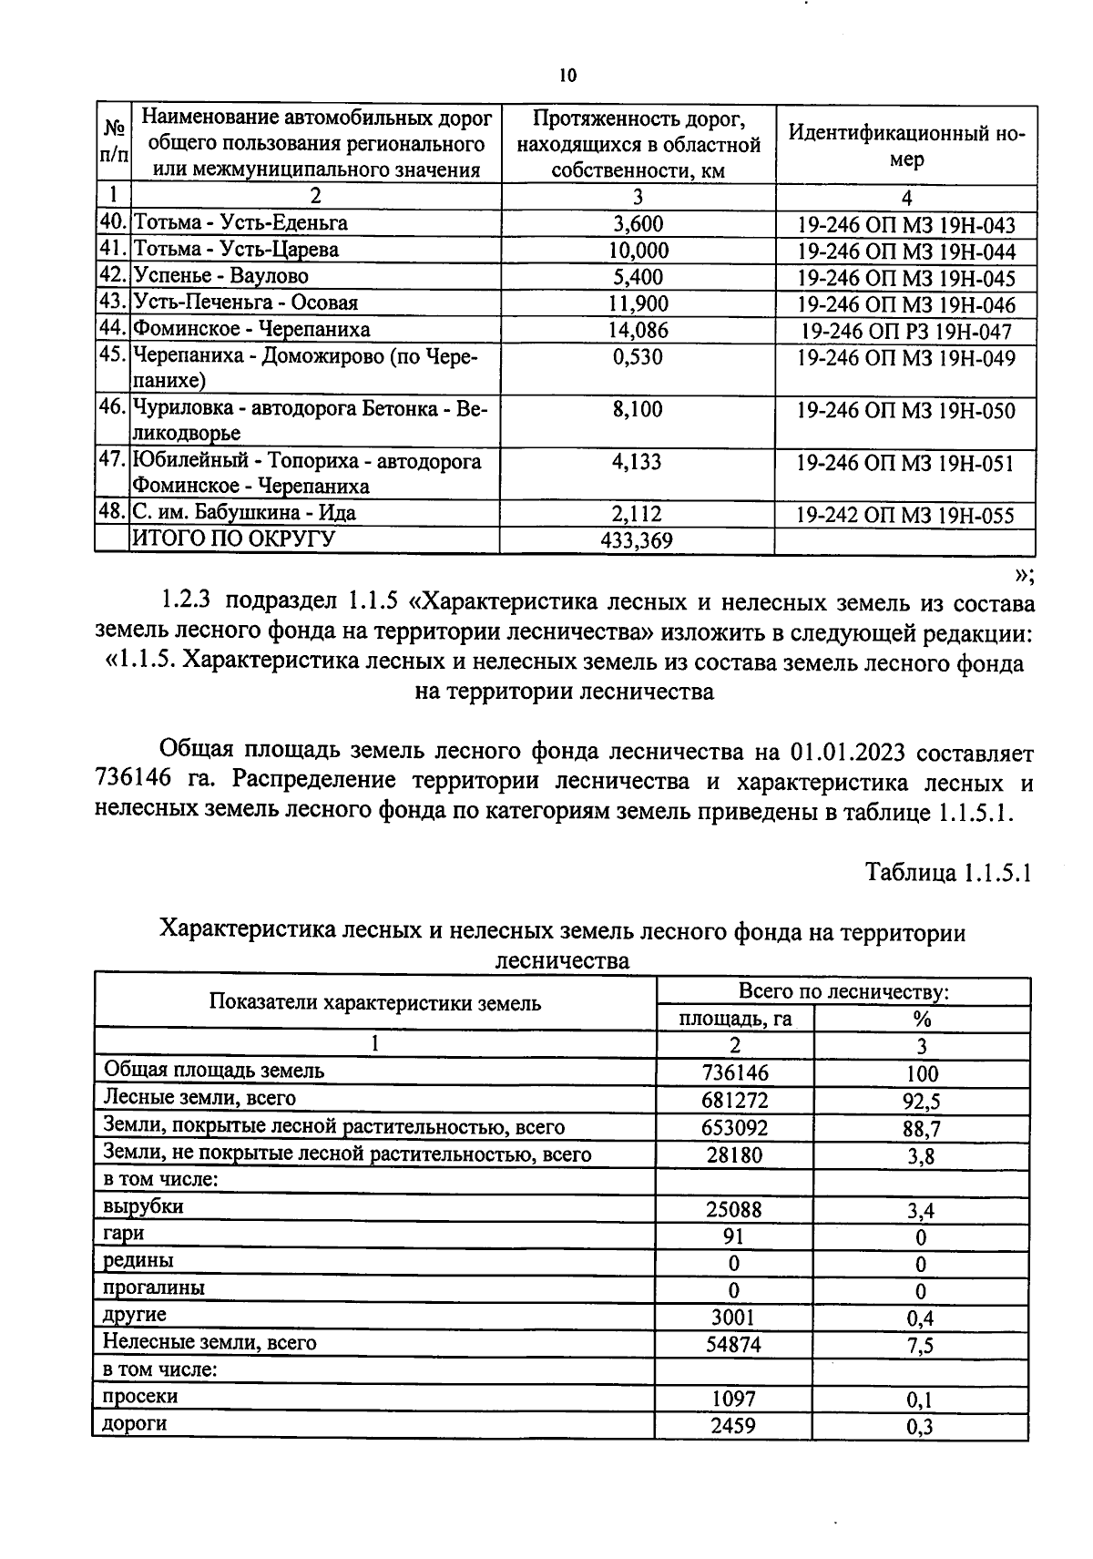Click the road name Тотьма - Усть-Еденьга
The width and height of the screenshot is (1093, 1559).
pos(240,222)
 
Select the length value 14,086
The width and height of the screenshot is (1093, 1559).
pos(638,330)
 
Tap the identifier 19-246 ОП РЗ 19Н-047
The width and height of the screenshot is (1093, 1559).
pos(905,332)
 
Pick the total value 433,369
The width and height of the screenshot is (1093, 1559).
pos(637,541)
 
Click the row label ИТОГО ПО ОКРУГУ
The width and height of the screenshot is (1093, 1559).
pos(234,539)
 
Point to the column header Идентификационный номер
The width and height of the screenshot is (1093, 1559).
pos(905,146)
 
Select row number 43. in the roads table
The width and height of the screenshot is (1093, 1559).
pos(114,303)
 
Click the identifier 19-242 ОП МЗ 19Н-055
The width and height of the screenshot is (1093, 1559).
pos(904,516)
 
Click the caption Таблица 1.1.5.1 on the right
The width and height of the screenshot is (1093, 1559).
pos(947,873)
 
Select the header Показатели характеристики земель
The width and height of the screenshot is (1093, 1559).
pos(375,1003)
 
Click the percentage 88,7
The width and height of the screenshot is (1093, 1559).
pos(921,1129)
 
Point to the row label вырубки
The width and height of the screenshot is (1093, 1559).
pos(143,1206)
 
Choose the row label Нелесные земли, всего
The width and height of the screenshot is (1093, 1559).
pos(209,1342)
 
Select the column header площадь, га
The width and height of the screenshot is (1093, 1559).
pos(735,1019)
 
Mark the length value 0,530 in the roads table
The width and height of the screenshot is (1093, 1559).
pos(638,356)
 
